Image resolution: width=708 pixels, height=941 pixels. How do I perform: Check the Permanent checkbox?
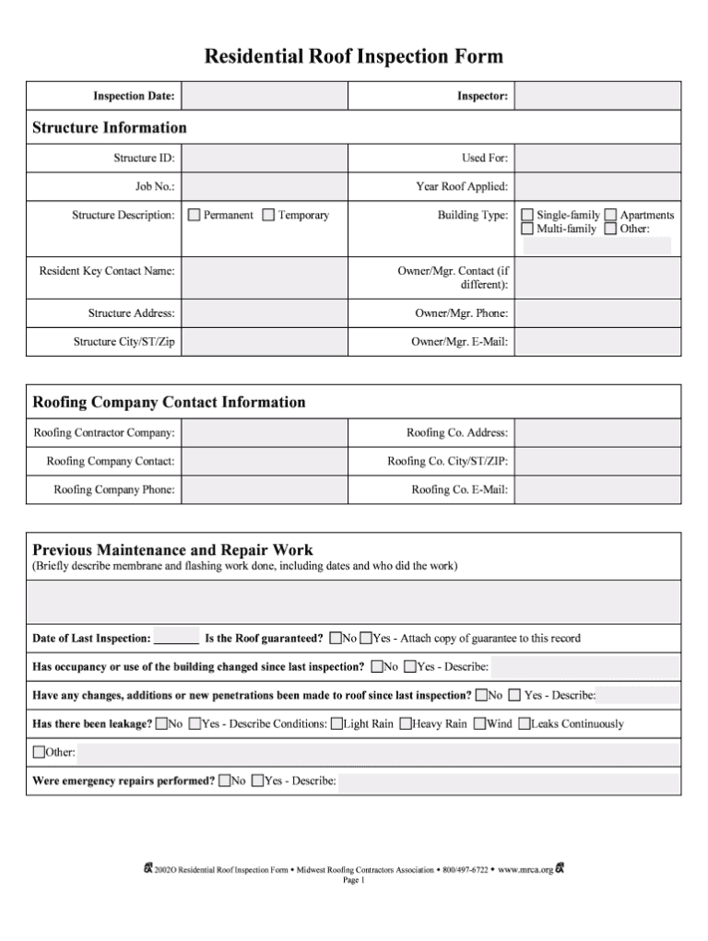click(194, 216)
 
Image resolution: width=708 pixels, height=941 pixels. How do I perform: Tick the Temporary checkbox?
click(268, 216)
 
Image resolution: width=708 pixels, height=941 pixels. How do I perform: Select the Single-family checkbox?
click(527, 216)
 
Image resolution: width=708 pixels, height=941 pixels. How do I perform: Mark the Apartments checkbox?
click(610, 216)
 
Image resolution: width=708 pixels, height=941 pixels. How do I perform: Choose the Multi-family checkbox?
click(527, 229)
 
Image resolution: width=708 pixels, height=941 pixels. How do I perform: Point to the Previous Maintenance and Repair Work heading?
click(172, 549)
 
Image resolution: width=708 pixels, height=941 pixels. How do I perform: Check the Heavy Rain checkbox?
click(406, 724)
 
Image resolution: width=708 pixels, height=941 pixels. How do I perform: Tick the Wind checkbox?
click(479, 724)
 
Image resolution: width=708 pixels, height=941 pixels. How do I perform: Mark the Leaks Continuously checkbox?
click(525, 724)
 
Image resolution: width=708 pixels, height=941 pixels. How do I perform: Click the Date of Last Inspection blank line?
click(176, 639)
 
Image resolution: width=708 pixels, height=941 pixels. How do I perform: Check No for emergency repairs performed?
click(224, 782)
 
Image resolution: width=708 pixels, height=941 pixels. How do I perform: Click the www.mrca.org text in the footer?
click(525, 869)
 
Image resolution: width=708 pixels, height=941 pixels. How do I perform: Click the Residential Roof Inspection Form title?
click(353, 57)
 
